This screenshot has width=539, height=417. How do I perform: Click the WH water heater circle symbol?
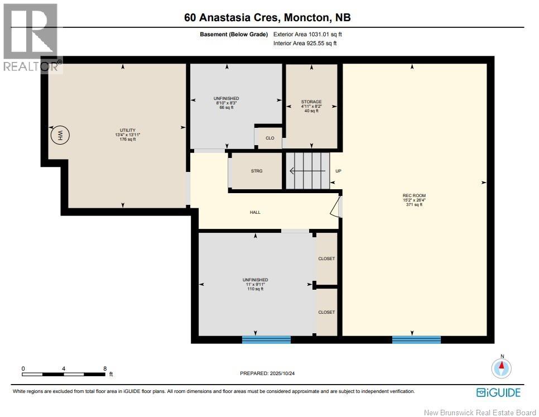click(60, 135)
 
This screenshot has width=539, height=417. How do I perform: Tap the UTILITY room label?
click(128, 130)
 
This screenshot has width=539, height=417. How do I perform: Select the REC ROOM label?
click(414, 195)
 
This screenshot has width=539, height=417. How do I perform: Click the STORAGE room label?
click(311, 102)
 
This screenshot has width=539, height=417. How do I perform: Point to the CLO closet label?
click(270, 138)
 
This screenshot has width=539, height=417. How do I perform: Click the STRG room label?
click(257, 171)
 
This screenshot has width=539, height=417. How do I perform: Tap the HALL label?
click(255, 213)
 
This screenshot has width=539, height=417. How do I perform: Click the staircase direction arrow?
click(307, 171)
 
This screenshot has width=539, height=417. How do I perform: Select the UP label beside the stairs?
click(338, 171)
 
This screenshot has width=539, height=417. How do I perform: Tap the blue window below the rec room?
click(416, 339)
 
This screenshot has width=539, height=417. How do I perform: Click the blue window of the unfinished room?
click(266, 339)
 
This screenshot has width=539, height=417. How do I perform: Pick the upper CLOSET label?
click(326, 258)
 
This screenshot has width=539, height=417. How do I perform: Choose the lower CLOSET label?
click(326, 312)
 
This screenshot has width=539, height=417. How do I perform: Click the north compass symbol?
click(502, 368)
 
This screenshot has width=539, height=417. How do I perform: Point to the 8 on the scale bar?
click(105, 368)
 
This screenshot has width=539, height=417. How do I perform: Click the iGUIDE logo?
click(498, 392)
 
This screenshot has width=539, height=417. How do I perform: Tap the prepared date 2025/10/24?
click(282, 373)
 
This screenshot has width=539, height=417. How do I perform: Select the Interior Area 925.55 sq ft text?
click(305, 44)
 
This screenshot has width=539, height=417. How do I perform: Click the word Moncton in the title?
click(307, 17)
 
